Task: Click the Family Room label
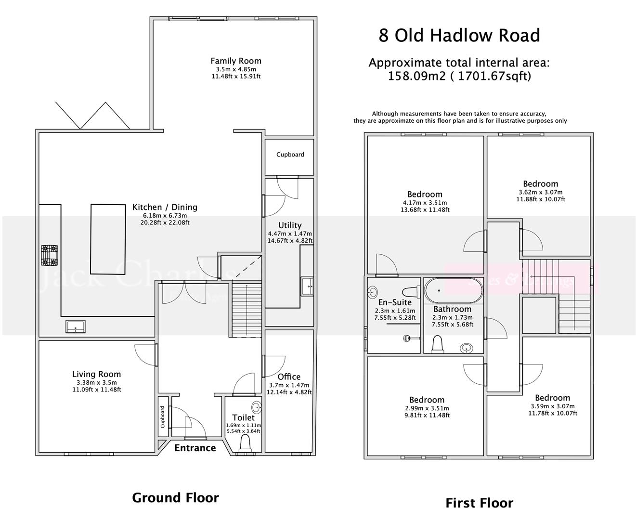click(236, 61)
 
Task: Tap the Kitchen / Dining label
click(165, 208)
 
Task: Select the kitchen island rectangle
click(109, 238)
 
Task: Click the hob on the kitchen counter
click(49, 255)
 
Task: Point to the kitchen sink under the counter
click(76, 326)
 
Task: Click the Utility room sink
click(307, 286)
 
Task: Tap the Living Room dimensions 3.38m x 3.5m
click(96, 382)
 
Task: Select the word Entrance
click(195, 448)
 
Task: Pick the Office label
click(289, 377)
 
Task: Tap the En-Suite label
click(395, 302)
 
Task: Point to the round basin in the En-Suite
click(373, 291)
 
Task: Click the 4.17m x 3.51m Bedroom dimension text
click(425, 203)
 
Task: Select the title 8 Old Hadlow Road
click(459, 36)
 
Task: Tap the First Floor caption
click(479, 503)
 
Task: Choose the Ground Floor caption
click(175, 497)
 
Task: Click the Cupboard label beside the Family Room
click(290, 155)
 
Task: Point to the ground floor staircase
click(247, 310)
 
